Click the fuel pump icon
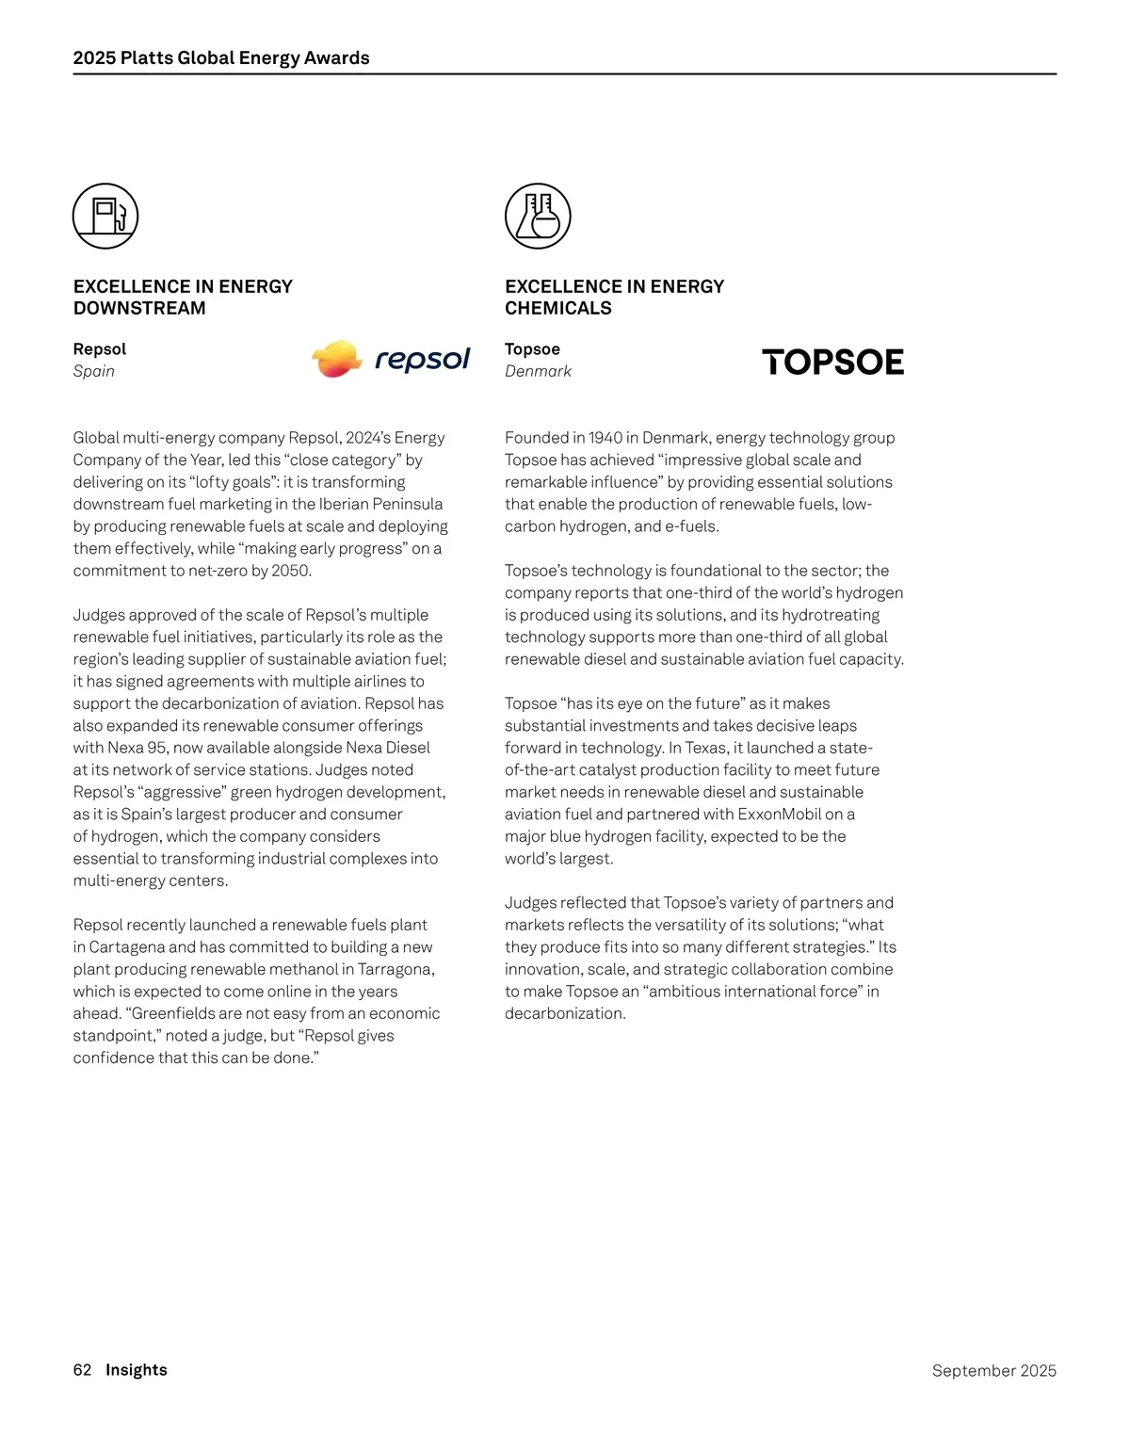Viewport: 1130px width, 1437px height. pos(105,216)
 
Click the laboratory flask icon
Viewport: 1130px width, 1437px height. pos(538,216)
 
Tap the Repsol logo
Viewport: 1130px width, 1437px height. pos(391,359)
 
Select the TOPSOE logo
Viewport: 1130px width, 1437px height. pos(832,362)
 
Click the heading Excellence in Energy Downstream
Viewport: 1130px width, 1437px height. pos(183,297)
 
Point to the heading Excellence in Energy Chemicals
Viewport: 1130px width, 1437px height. pos(614,297)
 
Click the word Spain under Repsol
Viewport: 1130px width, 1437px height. pos(94,371)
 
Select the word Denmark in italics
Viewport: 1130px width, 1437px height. pos(538,371)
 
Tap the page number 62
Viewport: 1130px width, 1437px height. pos(82,1369)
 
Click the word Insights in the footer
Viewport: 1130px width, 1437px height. pos(137,1369)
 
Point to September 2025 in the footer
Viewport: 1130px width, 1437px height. pos(993,1370)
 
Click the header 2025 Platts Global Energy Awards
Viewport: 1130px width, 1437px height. pos(221,57)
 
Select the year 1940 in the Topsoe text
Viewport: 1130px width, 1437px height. pos(605,437)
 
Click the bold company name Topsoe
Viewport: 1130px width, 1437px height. pos(532,348)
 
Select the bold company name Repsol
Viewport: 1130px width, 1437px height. pos(99,348)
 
